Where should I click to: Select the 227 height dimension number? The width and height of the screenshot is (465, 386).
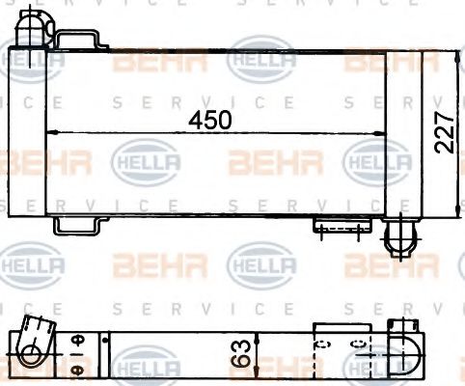(443, 129)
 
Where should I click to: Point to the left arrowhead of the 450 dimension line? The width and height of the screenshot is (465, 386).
(51, 131)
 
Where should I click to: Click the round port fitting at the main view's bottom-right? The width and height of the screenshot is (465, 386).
(398, 236)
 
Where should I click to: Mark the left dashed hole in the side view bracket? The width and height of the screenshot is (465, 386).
(324, 344)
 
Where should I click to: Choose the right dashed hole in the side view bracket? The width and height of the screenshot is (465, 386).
(358, 344)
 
